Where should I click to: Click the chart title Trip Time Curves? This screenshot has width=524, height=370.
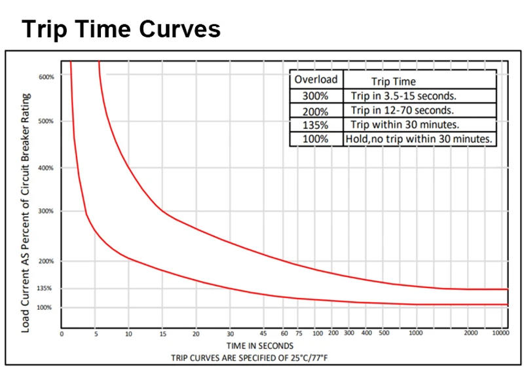click(x=121, y=29)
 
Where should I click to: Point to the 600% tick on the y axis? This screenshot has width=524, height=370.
click(x=47, y=77)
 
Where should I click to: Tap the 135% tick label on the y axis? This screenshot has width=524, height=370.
click(x=45, y=288)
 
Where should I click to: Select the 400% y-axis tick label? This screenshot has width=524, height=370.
click(x=47, y=168)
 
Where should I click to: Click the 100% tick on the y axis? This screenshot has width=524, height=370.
click(x=45, y=307)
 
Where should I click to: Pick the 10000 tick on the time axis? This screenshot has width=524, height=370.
click(x=500, y=334)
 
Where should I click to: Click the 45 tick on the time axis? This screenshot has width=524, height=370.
click(x=264, y=334)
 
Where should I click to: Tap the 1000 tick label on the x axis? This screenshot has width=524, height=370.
click(x=415, y=334)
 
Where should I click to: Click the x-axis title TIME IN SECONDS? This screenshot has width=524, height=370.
click(x=259, y=346)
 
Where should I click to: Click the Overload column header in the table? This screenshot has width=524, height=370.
click(x=316, y=80)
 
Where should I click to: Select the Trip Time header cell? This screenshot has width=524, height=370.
click(x=393, y=81)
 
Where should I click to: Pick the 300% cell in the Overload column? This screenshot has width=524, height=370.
click(x=316, y=96)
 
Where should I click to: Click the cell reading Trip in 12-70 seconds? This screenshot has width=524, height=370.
click(x=402, y=110)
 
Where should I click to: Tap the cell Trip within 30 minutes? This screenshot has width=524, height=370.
click(x=404, y=124)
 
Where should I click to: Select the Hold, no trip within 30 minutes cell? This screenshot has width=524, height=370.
click(x=420, y=139)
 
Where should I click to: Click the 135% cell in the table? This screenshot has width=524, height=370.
click(x=316, y=124)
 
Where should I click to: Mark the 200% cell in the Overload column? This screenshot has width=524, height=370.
click(x=316, y=110)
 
